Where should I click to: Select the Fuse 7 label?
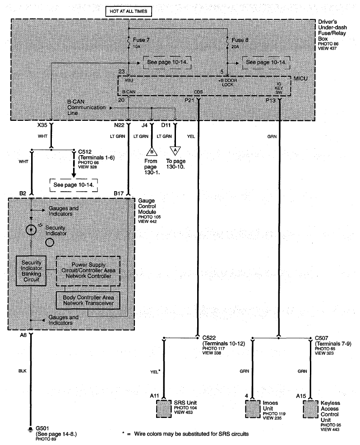click(141, 40)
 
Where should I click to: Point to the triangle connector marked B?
click(152, 151)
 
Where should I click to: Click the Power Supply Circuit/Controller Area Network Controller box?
click(88, 271)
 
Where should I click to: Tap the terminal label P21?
click(189, 101)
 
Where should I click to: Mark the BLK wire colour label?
click(23, 371)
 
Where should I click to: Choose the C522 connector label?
click(208, 337)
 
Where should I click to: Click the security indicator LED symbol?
click(31, 229)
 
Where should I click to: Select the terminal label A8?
click(23, 335)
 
